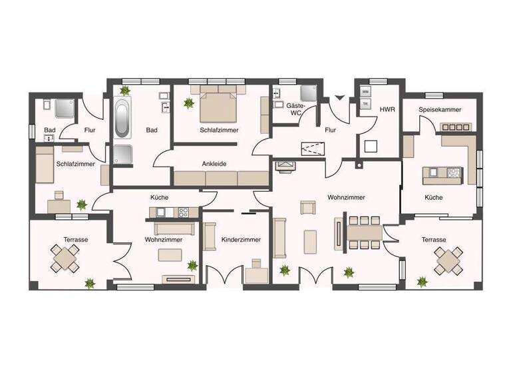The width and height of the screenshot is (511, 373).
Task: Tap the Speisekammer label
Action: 440,109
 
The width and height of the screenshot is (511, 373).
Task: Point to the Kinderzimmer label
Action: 241,239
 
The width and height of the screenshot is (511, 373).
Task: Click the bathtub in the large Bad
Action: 123,117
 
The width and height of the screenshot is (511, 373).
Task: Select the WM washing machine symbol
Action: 365,92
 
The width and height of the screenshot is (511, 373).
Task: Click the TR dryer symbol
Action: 365,104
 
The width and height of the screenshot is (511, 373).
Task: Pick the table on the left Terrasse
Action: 65,258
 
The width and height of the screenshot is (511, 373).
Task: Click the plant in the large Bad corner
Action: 124,91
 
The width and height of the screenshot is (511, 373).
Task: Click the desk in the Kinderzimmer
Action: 254,274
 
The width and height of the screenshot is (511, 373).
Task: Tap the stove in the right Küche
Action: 454,173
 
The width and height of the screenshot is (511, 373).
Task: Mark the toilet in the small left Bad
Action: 47,105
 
